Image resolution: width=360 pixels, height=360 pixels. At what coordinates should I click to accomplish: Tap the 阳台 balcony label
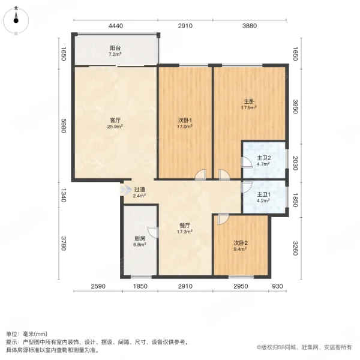tap(115, 49)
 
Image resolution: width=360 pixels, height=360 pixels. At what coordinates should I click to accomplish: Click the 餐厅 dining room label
tap(184, 228)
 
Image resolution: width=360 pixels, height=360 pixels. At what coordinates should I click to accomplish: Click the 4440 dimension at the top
tap(115, 26)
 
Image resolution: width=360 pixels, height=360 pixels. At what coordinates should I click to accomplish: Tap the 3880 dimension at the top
tap(249, 26)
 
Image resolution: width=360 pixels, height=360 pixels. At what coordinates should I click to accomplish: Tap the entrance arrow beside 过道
tap(125, 191)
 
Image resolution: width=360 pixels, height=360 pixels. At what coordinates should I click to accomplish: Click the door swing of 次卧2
tap(221, 219)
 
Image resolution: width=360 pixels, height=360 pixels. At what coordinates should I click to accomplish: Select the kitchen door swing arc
tap(153, 233)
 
